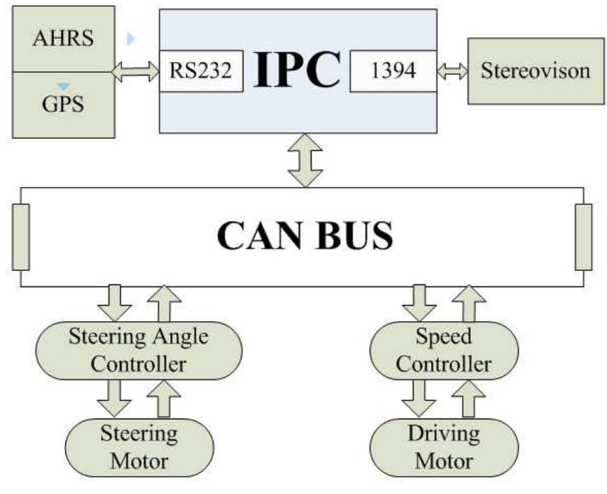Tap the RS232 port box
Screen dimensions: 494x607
click(x=200, y=71)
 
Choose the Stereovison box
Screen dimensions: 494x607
click(x=535, y=71)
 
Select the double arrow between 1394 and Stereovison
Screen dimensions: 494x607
click(x=452, y=71)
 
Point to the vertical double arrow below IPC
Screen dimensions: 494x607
click(x=305, y=160)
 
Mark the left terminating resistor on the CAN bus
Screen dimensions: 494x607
click(x=21, y=237)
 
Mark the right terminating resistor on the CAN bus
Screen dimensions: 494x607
click(x=583, y=237)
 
